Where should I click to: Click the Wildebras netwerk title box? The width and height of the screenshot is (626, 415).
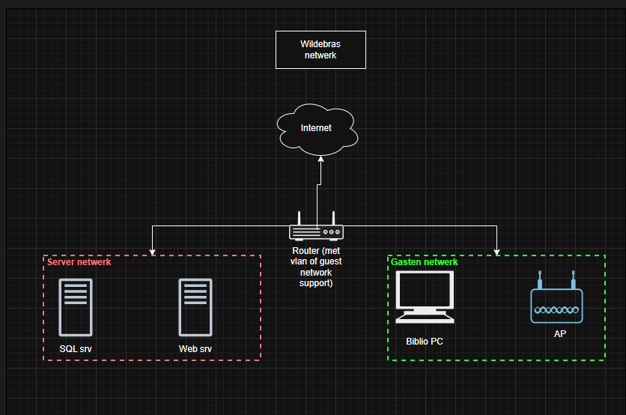(x=320, y=49)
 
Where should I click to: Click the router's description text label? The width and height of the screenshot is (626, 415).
(x=316, y=267)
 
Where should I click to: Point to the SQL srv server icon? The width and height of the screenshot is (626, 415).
(x=76, y=307)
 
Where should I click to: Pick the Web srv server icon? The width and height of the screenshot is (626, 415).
(x=195, y=307)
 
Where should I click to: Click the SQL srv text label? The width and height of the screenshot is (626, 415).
(x=76, y=349)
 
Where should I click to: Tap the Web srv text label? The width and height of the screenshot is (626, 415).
(x=195, y=349)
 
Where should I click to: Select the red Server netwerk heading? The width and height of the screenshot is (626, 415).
(x=79, y=262)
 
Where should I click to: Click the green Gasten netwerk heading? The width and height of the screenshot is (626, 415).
(x=425, y=262)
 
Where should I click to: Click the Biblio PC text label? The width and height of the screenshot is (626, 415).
(x=425, y=342)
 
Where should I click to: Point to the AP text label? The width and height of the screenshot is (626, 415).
(x=559, y=334)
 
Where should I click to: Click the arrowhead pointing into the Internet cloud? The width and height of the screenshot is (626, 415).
(x=320, y=159)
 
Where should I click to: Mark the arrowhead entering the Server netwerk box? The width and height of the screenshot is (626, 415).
(x=153, y=251)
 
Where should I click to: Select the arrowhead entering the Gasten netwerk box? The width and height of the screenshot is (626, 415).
(x=496, y=251)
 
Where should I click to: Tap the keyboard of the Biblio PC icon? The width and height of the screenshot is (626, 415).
(x=425, y=318)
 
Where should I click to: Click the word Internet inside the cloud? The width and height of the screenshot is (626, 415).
(x=316, y=128)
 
